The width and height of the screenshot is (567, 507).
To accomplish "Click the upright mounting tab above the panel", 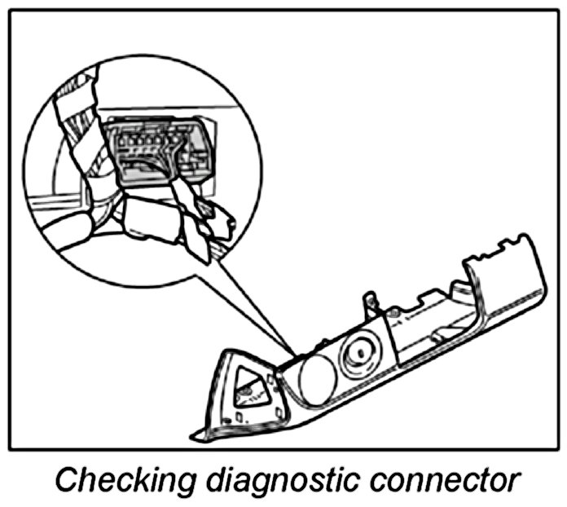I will [x=370, y=303].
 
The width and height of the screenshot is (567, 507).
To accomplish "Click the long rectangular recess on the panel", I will [x=424, y=330].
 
